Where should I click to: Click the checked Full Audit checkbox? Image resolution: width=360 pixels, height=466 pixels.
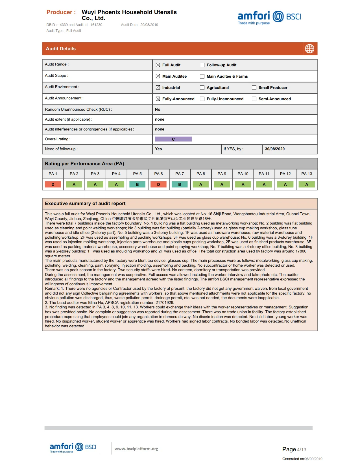[158, 65]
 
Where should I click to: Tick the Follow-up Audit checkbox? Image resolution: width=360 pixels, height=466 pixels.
[202, 65]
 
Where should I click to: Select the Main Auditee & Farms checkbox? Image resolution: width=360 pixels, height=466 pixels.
[202, 76]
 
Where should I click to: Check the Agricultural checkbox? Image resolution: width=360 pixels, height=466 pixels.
[202, 88]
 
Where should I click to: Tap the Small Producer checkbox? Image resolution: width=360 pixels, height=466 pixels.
[254, 88]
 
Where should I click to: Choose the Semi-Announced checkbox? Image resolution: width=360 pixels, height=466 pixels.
[254, 99]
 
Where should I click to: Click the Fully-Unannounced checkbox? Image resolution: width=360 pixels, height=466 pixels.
[202, 99]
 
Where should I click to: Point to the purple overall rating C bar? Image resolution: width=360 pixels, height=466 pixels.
[173, 139]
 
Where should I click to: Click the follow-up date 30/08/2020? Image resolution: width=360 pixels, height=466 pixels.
[275, 149]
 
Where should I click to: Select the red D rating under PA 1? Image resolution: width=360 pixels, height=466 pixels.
[53, 184]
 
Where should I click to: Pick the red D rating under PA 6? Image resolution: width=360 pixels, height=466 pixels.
[158, 184]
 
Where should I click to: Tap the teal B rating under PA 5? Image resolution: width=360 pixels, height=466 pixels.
[137, 184]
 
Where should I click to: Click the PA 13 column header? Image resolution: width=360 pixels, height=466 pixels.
[307, 174]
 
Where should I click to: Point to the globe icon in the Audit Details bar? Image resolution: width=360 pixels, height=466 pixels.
[309, 49]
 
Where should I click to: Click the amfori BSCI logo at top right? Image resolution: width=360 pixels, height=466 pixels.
[269, 18]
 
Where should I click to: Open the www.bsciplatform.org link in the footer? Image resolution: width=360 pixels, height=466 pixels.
[136, 449]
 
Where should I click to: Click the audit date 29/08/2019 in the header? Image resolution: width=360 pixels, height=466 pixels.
[149, 25]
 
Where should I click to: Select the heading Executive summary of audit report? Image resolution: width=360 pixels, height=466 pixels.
[85, 203]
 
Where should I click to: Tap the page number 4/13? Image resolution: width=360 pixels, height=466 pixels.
[302, 450]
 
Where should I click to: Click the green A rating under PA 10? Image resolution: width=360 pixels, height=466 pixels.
[243, 184]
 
